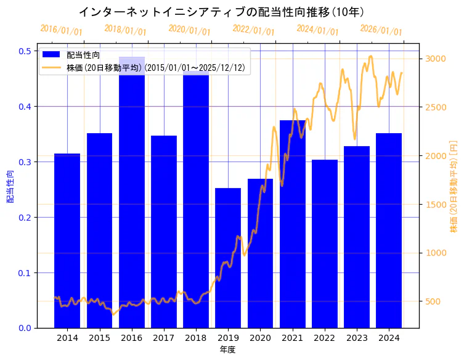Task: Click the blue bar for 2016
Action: (132, 197)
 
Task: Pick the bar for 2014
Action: (67, 240)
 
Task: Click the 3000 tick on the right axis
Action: (435, 59)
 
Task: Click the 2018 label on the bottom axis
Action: (196, 338)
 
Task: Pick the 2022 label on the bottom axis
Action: (324, 338)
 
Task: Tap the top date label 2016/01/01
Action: (61, 30)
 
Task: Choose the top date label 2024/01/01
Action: (317, 30)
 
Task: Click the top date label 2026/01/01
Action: (381, 30)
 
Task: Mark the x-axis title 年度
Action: (227, 350)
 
